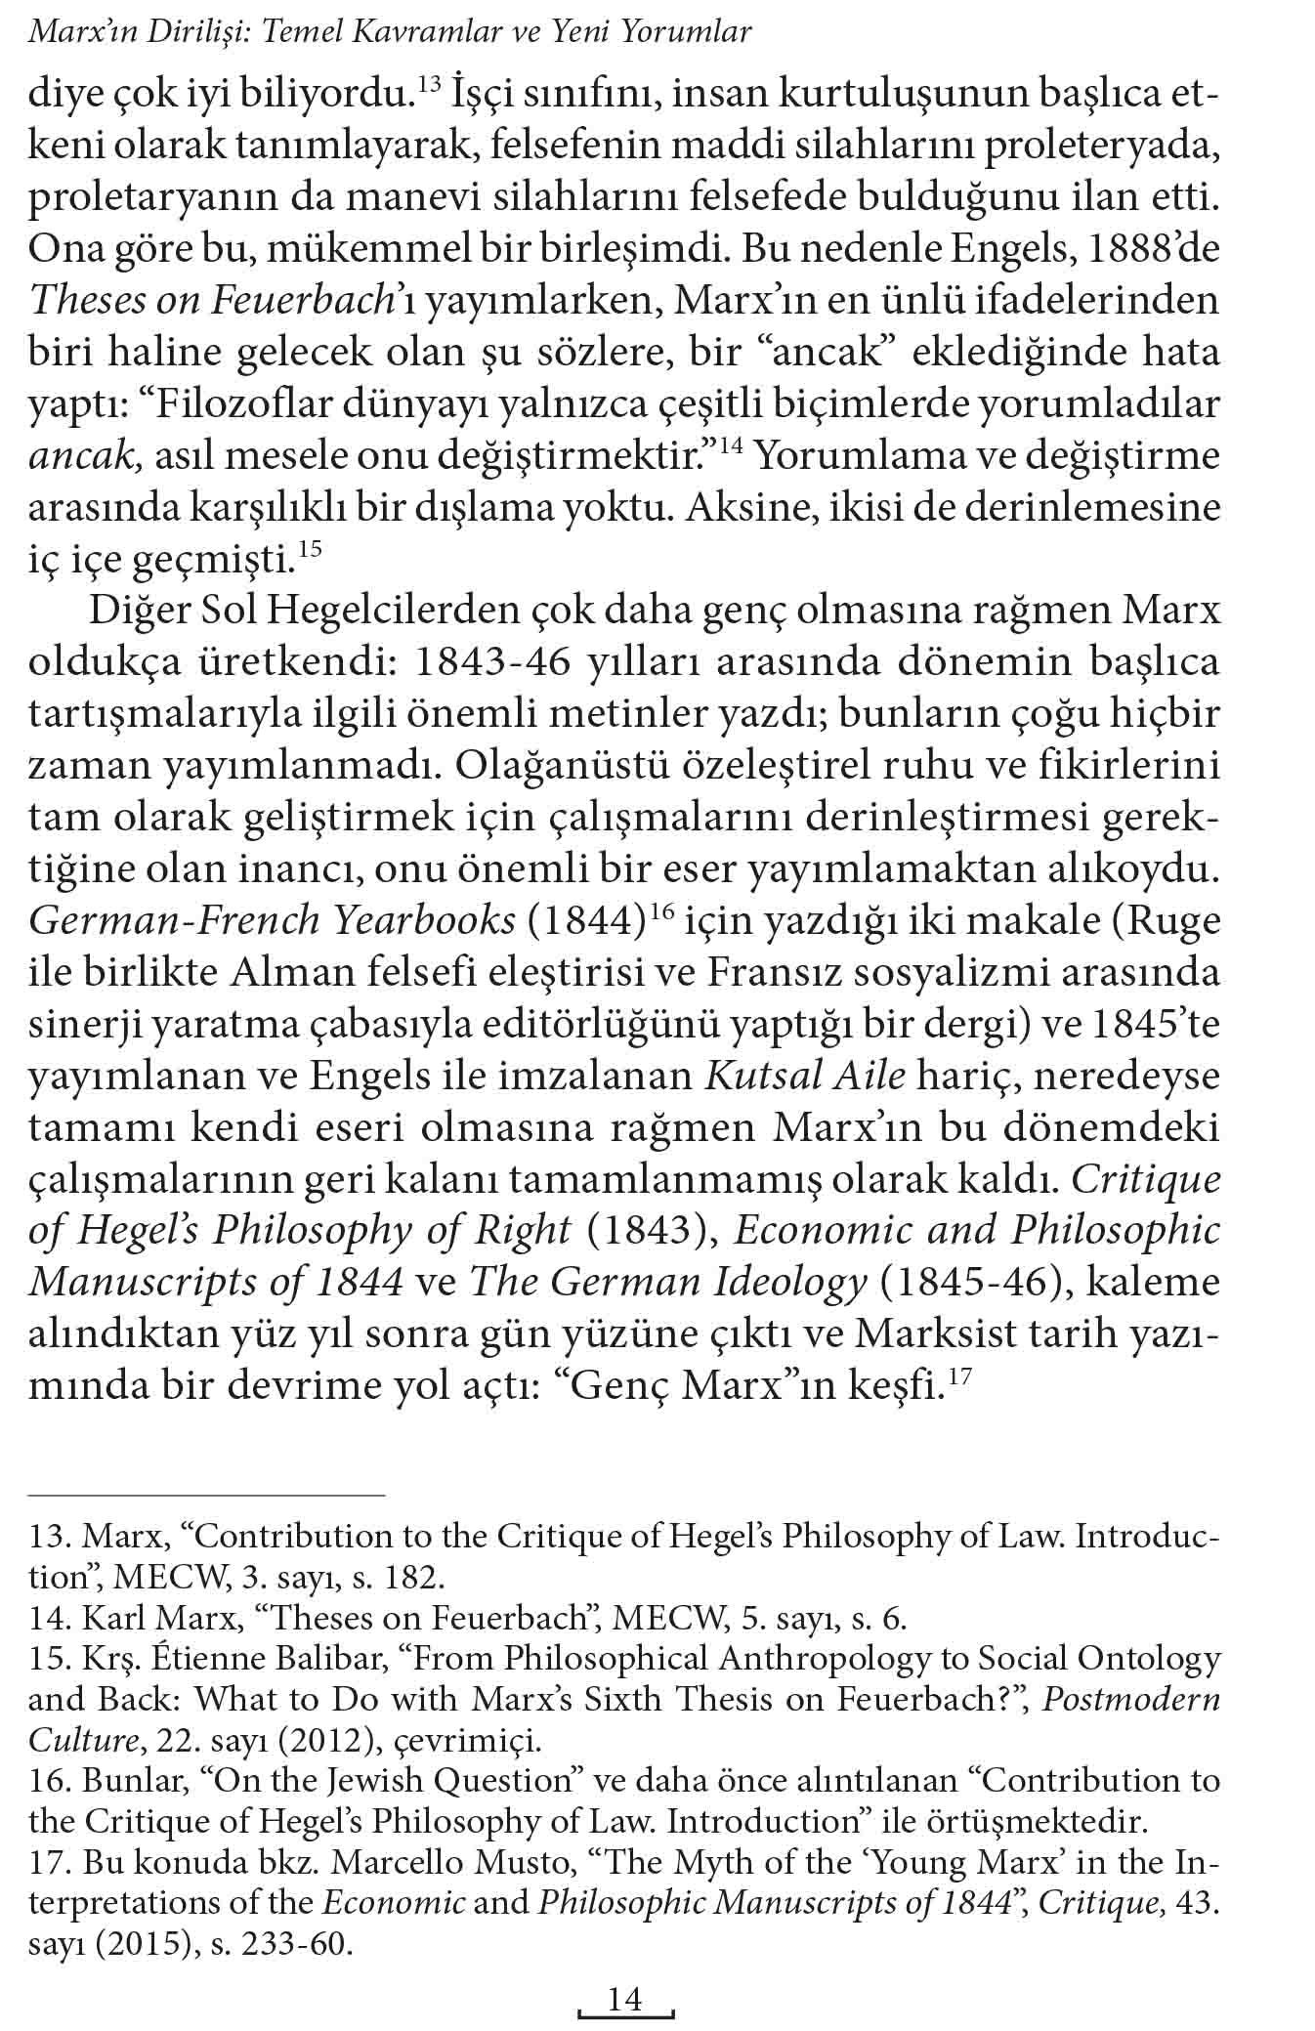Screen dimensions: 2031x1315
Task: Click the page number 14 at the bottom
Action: click(x=625, y=1999)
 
